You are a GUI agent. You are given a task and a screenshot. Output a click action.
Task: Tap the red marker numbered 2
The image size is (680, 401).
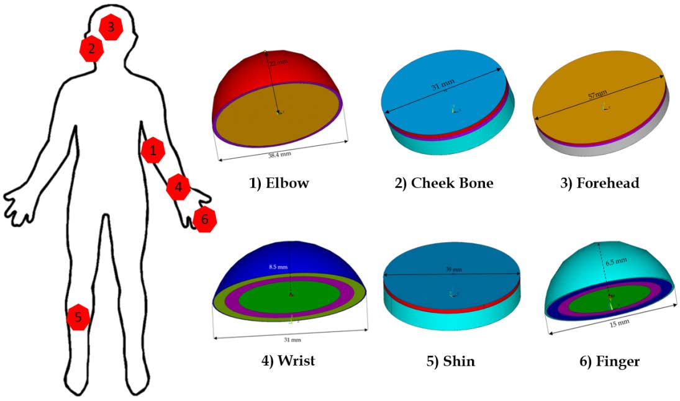click(x=91, y=49)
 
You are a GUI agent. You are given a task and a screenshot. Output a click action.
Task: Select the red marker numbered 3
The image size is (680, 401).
click(x=111, y=27)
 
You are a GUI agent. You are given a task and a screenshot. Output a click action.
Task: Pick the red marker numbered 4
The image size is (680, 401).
click(x=178, y=187)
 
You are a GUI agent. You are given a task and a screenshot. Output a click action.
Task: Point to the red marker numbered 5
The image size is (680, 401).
click(x=78, y=318)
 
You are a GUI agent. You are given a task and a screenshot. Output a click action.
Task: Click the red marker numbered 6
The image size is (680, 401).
click(x=204, y=220)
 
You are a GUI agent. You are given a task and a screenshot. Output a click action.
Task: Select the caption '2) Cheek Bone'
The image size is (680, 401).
click(x=445, y=183)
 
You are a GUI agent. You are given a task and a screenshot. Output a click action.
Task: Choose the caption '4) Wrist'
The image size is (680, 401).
click(x=288, y=361)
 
